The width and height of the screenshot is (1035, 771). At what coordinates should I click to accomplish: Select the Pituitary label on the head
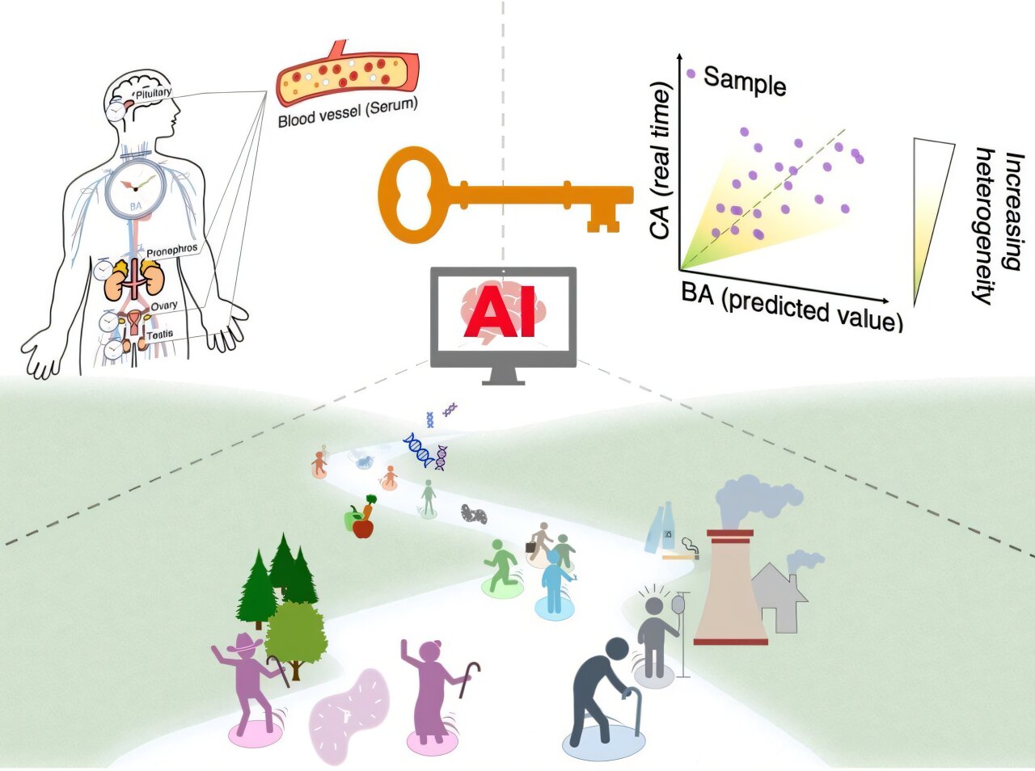tap(154, 93)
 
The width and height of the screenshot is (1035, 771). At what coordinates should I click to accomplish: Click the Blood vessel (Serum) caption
tap(348, 114)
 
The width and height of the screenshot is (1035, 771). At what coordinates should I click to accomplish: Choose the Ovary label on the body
tap(164, 305)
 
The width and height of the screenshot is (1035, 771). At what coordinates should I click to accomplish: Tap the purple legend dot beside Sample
tap(691, 74)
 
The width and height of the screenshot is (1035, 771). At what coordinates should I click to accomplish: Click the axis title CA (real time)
tap(659, 161)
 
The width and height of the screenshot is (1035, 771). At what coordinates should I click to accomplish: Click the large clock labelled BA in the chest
tap(136, 188)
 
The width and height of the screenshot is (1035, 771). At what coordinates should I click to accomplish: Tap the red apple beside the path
tap(362, 529)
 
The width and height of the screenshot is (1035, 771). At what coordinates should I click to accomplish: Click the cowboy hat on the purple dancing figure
tap(245, 642)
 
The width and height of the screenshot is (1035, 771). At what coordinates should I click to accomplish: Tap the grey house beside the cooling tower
tap(779, 597)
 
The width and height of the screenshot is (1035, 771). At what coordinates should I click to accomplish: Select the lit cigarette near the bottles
tap(680, 557)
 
